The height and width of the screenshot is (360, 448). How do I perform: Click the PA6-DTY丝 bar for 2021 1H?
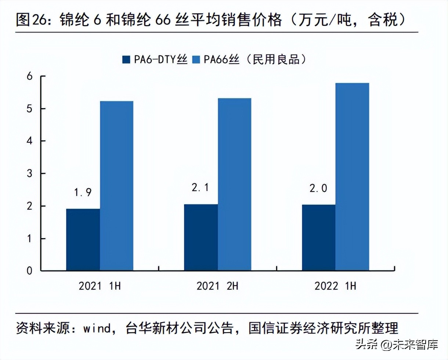pyautogui.click(x=83, y=240)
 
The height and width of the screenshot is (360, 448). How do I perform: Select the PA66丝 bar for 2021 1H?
pyautogui.click(x=116, y=186)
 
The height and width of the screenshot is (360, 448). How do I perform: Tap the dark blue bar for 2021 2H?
pyautogui.click(x=201, y=237)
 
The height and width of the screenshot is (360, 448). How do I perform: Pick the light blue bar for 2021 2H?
pyautogui.click(x=234, y=184)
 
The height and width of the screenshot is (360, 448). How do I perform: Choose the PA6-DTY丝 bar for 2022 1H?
pyautogui.click(x=318, y=238)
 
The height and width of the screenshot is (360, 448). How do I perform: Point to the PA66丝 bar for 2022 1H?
pyautogui.click(x=352, y=177)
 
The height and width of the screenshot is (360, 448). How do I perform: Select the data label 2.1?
pyautogui.click(x=201, y=188)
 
